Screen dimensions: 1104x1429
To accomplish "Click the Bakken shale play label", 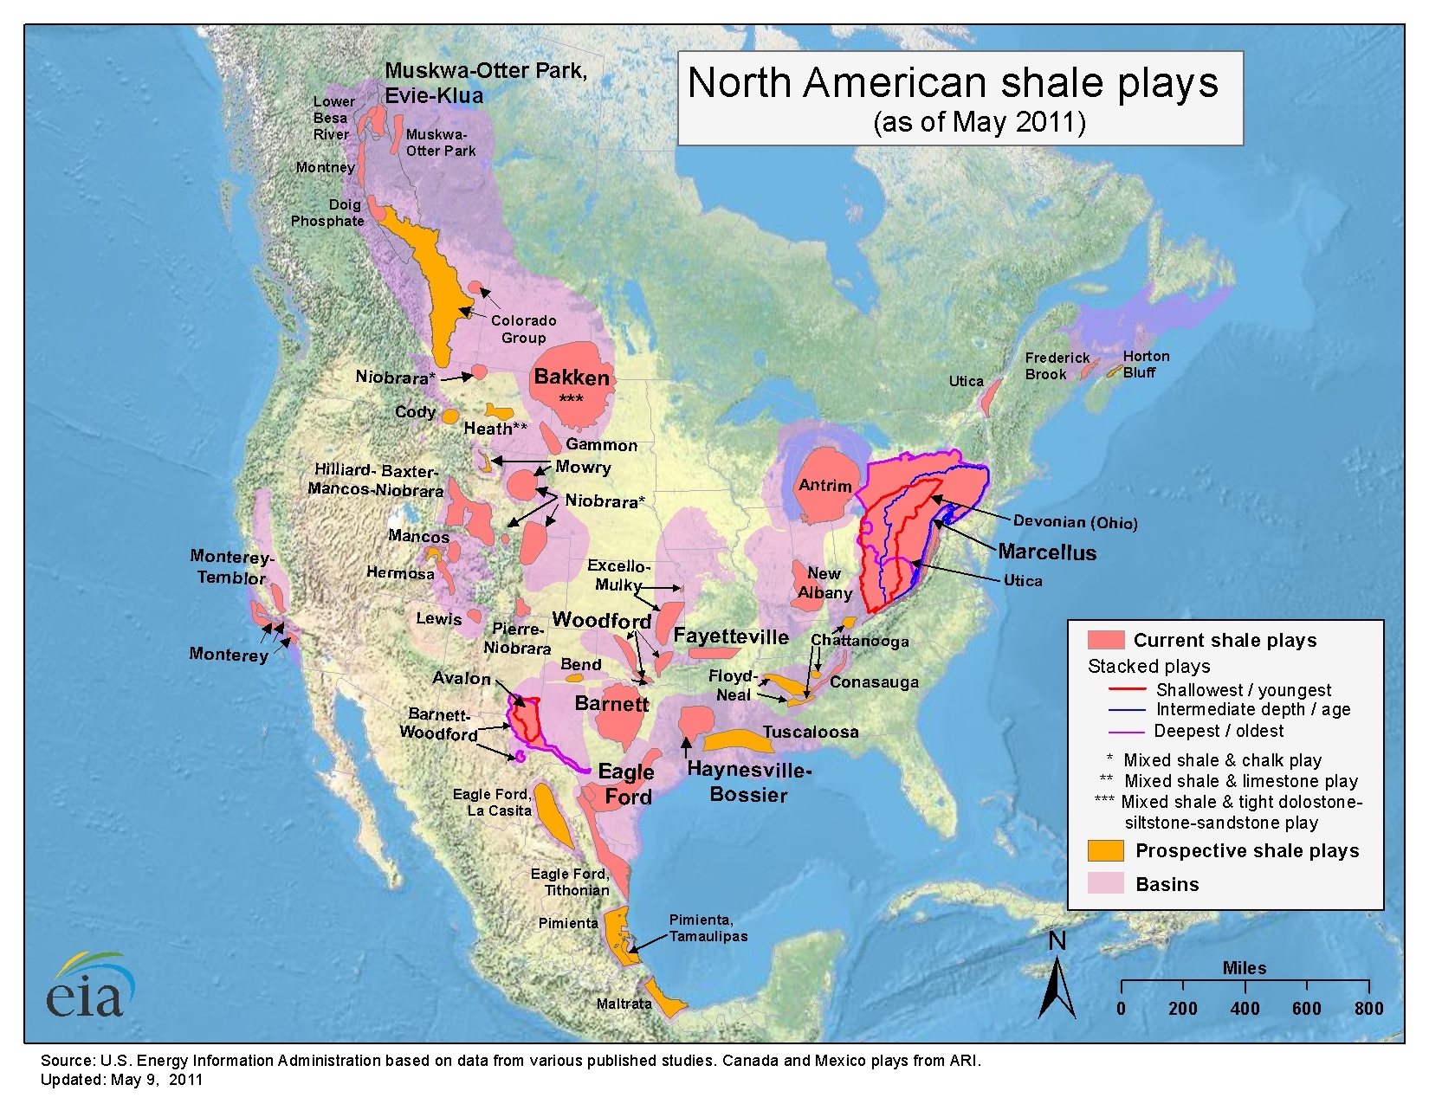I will tap(572, 378).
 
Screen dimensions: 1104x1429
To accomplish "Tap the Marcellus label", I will tap(1046, 552).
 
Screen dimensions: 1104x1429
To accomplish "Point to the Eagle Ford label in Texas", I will tap(626, 784).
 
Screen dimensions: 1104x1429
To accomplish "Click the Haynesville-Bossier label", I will tap(748, 782).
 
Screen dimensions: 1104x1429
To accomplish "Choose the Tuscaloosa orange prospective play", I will tap(736, 741).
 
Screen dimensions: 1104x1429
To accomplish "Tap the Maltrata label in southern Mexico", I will tap(624, 1004).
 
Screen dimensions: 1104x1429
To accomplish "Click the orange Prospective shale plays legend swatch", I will tap(1105, 850).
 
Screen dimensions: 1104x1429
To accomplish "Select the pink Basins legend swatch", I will tap(1105, 883).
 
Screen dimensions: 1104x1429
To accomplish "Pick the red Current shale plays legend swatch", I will tap(1105, 640).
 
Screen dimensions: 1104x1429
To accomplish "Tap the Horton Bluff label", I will tap(1145, 365).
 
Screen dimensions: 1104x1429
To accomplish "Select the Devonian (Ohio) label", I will tap(1075, 522).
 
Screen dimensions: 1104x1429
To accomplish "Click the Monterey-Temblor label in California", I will tap(231, 567).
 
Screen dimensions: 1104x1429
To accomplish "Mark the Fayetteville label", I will tap(731, 636).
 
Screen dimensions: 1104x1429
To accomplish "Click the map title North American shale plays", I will tap(953, 84).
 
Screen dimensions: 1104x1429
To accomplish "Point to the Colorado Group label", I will tap(523, 329).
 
